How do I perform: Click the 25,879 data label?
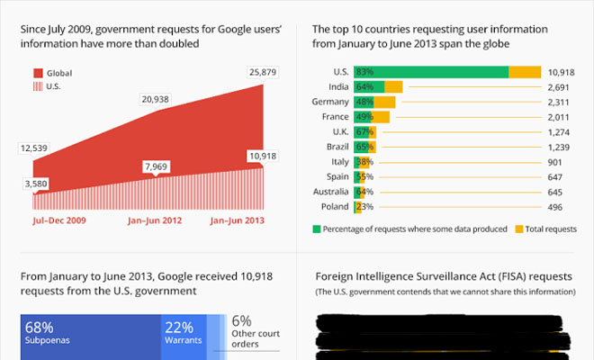pyautogui.click(x=262, y=72)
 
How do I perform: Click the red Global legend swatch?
pyautogui.click(x=39, y=73)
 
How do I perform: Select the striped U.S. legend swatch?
pyautogui.click(x=39, y=86)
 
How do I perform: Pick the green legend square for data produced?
pyautogui.click(x=318, y=229)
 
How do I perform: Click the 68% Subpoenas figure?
pyautogui.click(x=41, y=326)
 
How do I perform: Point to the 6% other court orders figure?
pyautogui.click(x=241, y=321)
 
